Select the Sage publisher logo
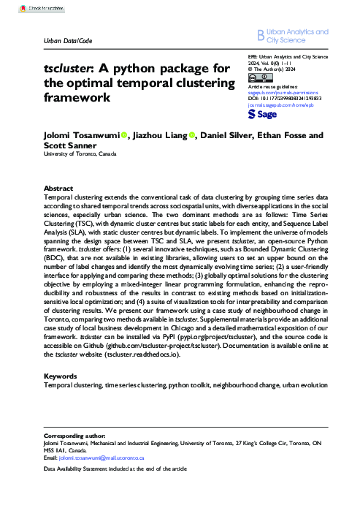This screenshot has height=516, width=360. pos(261,115)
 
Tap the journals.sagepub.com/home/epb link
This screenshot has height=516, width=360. pos(279,105)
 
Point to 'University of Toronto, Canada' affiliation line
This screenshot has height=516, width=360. pos(89,154)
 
